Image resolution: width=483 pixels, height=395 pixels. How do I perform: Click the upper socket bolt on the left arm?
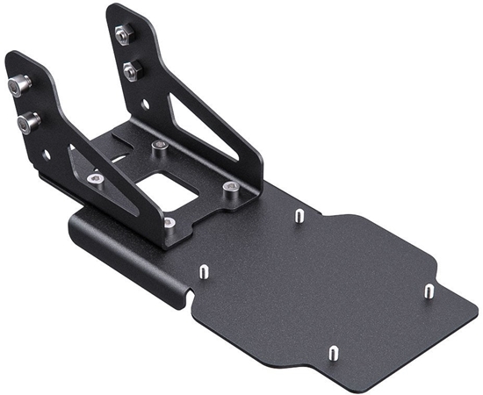tap(18, 85)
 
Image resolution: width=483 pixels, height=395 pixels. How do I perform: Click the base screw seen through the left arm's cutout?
tap(96, 179)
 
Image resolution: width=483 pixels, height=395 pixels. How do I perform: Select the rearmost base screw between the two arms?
tap(157, 145)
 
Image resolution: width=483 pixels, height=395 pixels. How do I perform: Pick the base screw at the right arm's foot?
tap(230, 187)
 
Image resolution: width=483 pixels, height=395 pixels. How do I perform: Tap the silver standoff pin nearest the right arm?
tap(298, 214)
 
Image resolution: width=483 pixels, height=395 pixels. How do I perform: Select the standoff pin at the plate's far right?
tap(429, 291)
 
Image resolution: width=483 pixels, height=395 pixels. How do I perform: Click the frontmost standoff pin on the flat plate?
tap(335, 355)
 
